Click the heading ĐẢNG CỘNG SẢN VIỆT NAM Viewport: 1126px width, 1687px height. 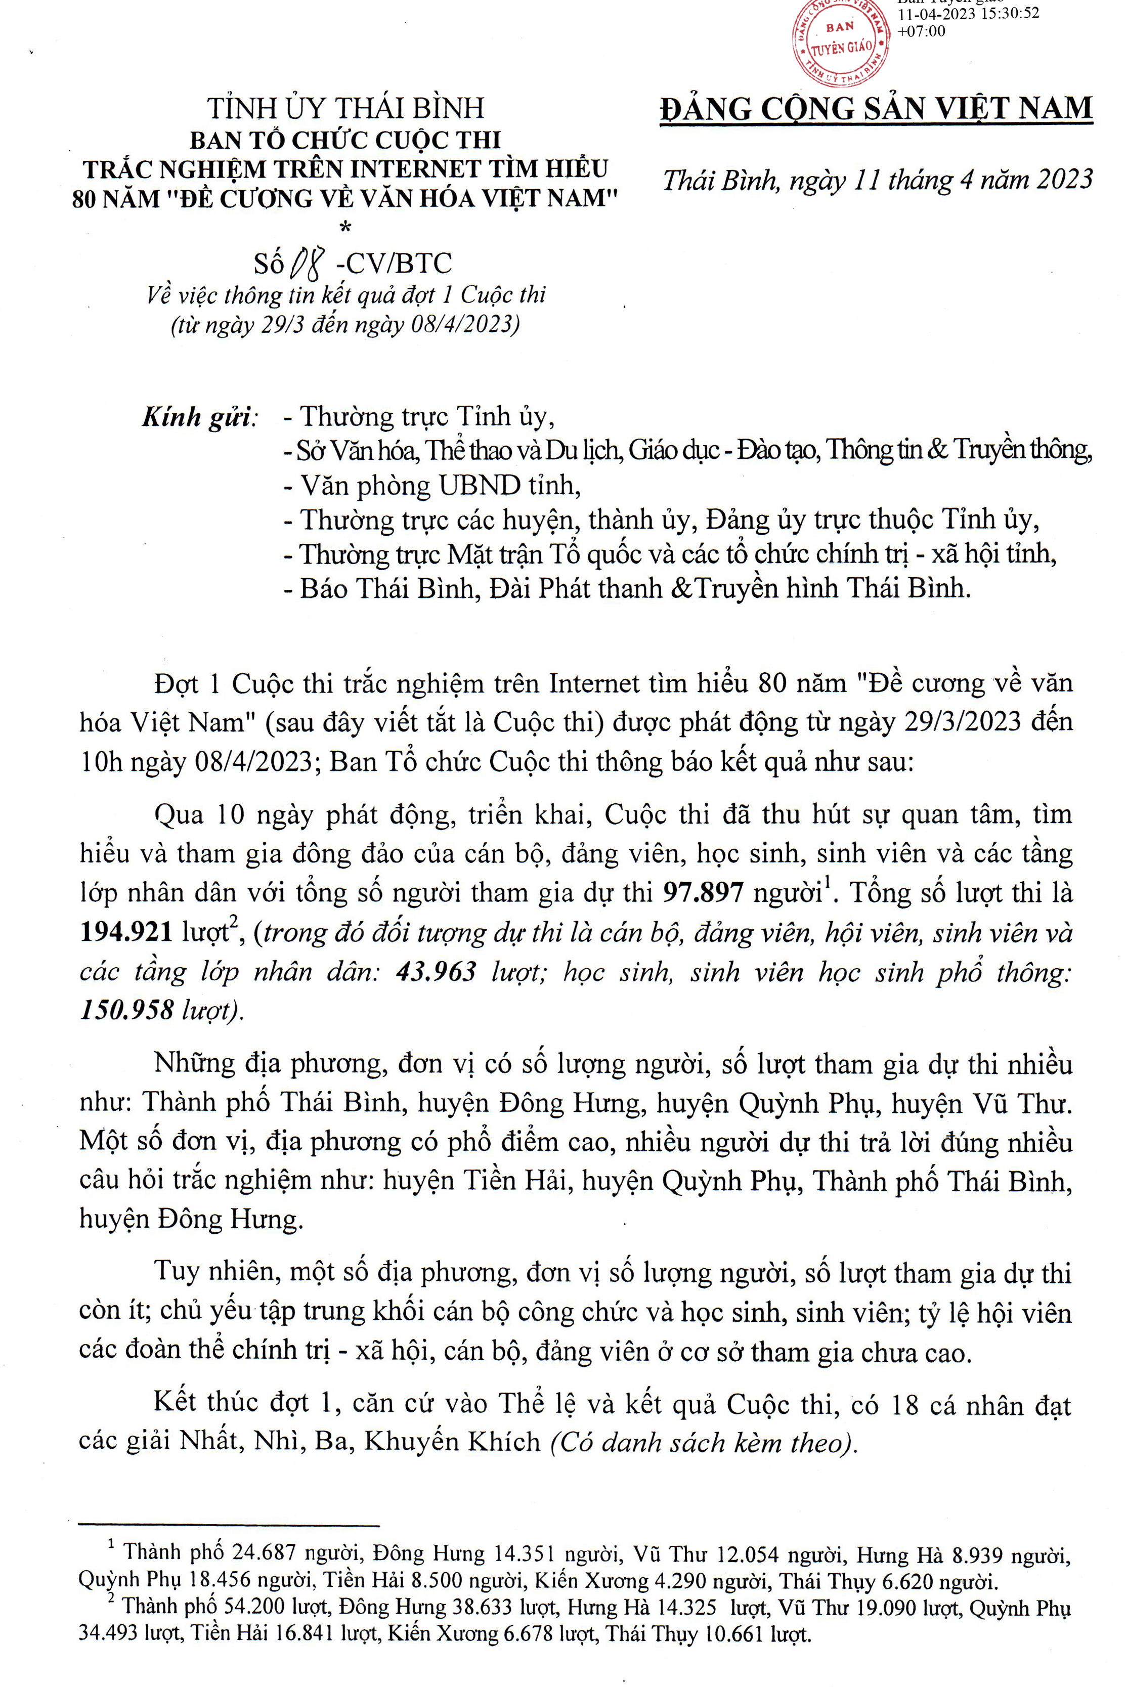pyautogui.click(x=876, y=109)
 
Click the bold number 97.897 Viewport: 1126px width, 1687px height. pyautogui.click(x=703, y=893)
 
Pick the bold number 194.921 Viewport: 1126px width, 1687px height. pyautogui.click(x=126, y=932)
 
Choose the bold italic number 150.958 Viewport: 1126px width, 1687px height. pyautogui.click(x=126, y=1011)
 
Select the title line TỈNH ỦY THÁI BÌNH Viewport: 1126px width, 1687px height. pyautogui.click(x=345, y=108)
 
